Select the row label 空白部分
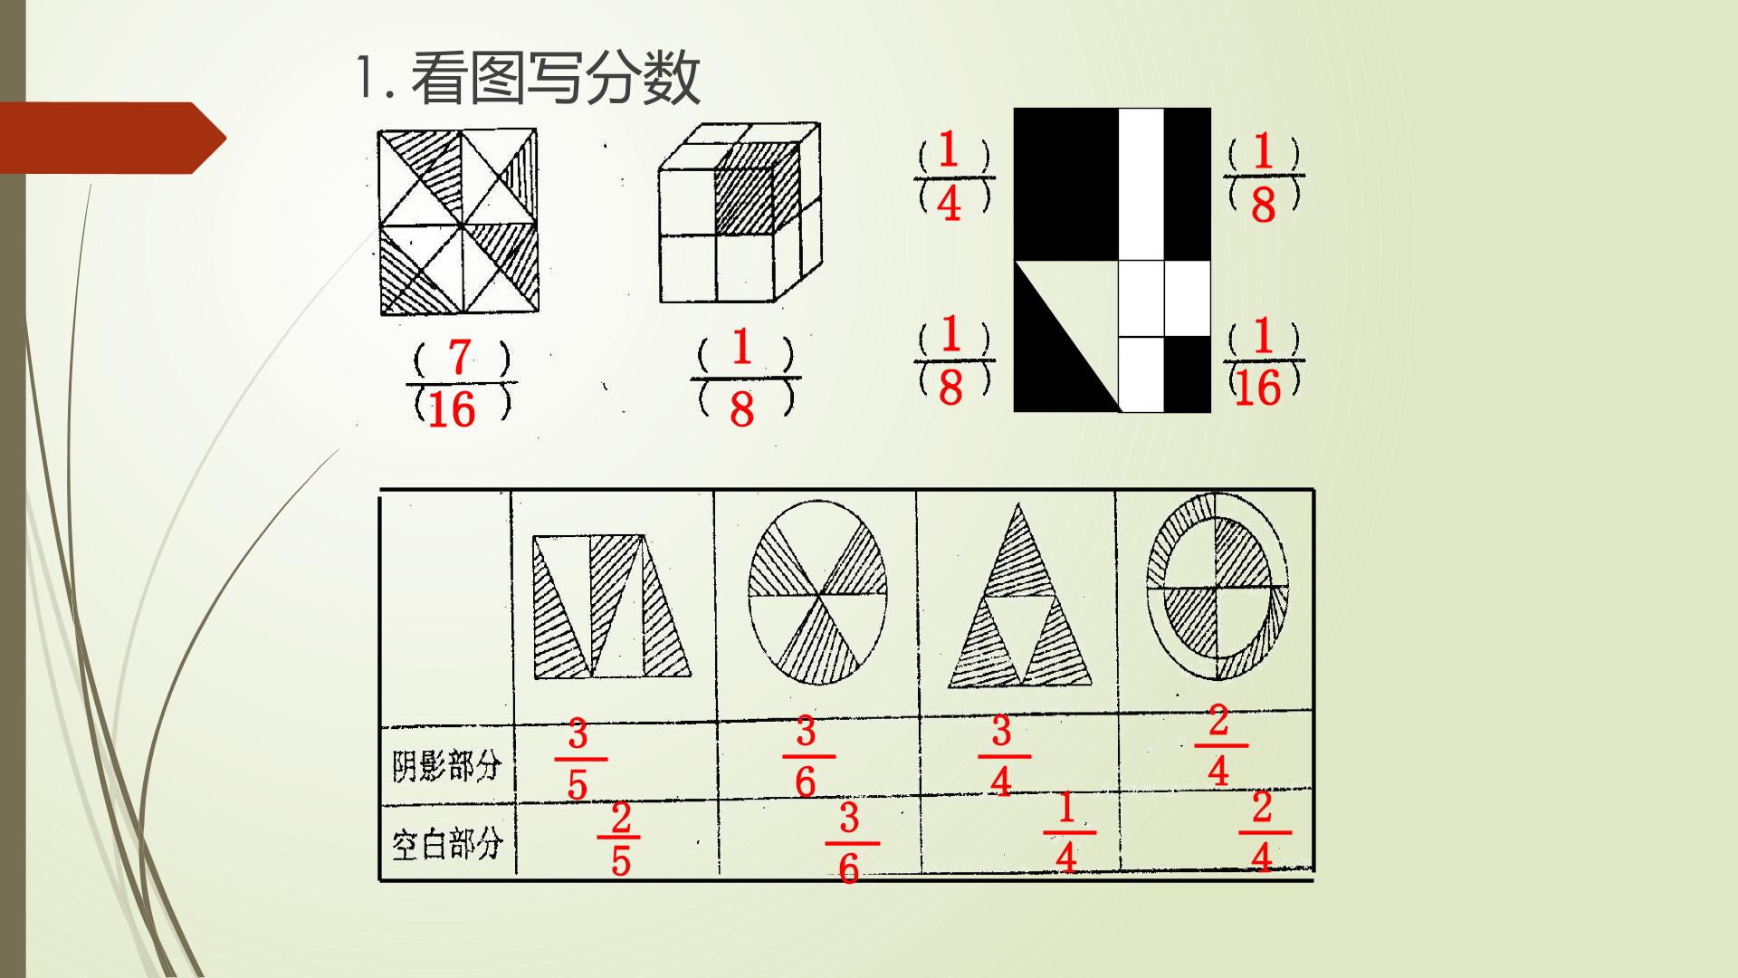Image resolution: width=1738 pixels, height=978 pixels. (446, 844)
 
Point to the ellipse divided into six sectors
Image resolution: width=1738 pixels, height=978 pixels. (818, 595)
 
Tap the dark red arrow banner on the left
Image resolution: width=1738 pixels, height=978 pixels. (113, 138)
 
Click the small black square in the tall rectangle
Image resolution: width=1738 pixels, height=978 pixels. (1187, 373)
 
